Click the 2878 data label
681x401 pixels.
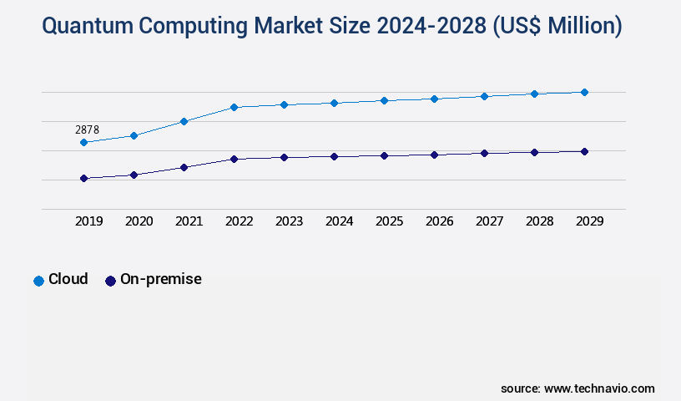[87, 129]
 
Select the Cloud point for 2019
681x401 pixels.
[83, 143]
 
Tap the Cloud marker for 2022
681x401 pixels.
[234, 107]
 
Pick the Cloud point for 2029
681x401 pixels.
[584, 92]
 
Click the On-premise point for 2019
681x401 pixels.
[83, 178]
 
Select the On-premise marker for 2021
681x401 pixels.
[184, 167]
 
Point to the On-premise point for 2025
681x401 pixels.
[384, 155]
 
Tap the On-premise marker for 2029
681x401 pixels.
[584, 151]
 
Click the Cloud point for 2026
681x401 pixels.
[434, 99]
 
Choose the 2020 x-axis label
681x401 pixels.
[139, 221]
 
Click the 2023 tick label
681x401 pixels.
[289, 221]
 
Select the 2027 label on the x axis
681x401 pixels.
[489, 221]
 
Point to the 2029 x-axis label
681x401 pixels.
[589, 221]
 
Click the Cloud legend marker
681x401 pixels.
[38, 281]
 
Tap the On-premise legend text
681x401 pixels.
[160, 280]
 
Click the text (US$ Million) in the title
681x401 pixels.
[556, 27]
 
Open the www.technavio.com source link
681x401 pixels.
[599, 388]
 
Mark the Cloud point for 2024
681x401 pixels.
[334, 103]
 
